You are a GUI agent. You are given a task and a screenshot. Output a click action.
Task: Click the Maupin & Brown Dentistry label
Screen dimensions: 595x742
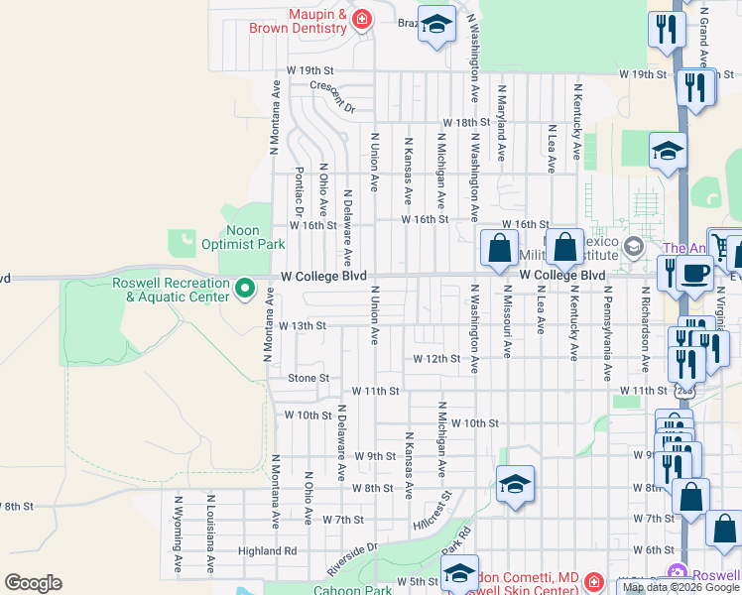[x=317, y=22]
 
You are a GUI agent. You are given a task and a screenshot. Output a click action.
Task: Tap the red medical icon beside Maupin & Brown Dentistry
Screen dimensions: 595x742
[x=361, y=18]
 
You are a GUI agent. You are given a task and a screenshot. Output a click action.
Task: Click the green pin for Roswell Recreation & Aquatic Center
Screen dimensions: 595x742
[x=245, y=290]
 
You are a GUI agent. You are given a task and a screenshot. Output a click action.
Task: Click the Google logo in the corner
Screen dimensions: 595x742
[x=33, y=583]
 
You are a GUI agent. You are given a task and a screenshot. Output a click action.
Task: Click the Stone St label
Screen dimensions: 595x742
[x=309, y=378]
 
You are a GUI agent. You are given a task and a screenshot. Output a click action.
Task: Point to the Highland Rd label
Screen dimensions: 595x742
[x=267, y=550]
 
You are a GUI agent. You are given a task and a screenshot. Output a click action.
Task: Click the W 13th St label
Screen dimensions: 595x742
[x=303, y=325]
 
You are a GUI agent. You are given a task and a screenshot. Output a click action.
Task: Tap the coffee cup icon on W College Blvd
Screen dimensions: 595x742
[x=695, y=273]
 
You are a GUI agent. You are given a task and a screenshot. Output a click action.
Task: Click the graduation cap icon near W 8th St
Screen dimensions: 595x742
[x=515, y=485]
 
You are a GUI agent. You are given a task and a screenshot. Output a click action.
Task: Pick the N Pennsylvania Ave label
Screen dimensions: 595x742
[x=607, y=333]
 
